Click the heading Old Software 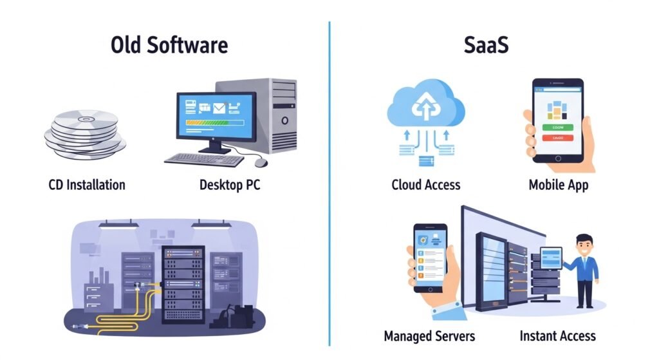169,46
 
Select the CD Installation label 87,185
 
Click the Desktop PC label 230,185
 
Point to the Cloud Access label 426,185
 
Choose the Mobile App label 559,185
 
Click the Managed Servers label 429,336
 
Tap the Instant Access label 557,336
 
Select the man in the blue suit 582,270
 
